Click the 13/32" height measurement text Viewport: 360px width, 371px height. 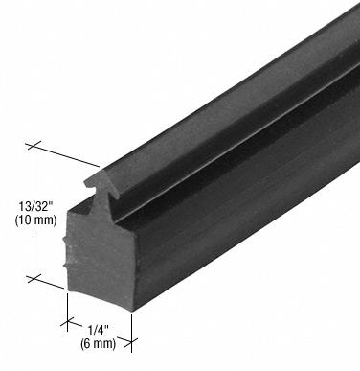[x=35, y=207]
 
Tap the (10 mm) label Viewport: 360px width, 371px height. [x=35, y=220]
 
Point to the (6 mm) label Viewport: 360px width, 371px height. [x=98, y=343]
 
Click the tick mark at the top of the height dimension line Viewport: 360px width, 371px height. [x=34, y=146]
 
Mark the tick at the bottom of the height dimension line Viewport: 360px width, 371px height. [x=34, y=278]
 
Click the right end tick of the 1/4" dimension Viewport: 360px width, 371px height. [x=131, y=341]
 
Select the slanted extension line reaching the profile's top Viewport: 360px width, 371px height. [x=66, y=156]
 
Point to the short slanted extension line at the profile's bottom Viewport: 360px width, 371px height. [x=49, y=283]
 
